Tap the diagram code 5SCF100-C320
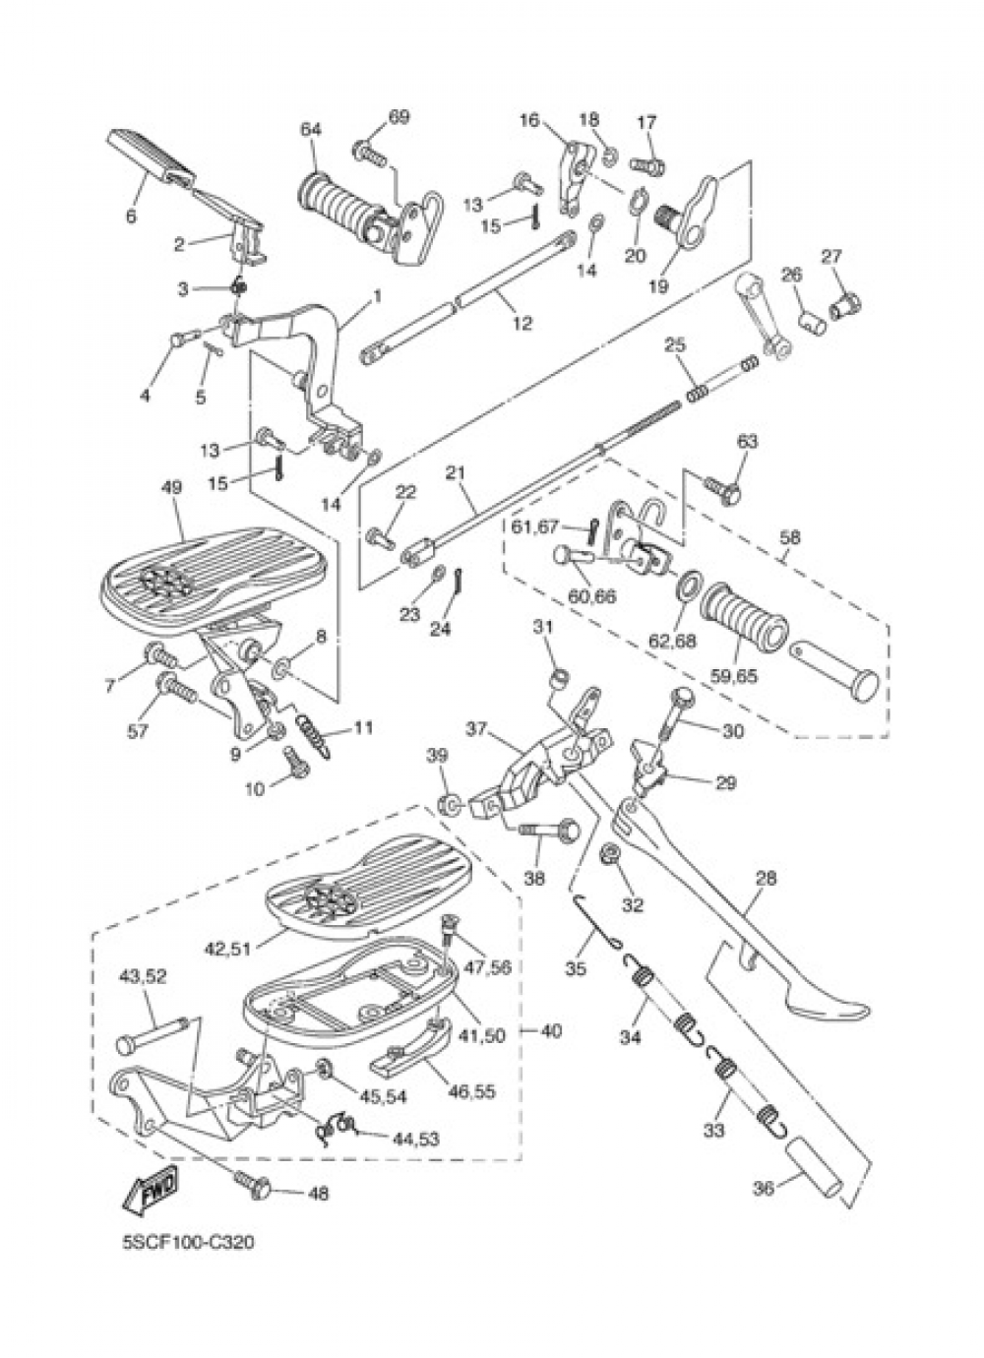coord(188,1243)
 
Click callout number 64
coord(311,130)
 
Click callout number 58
coord(789,538)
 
